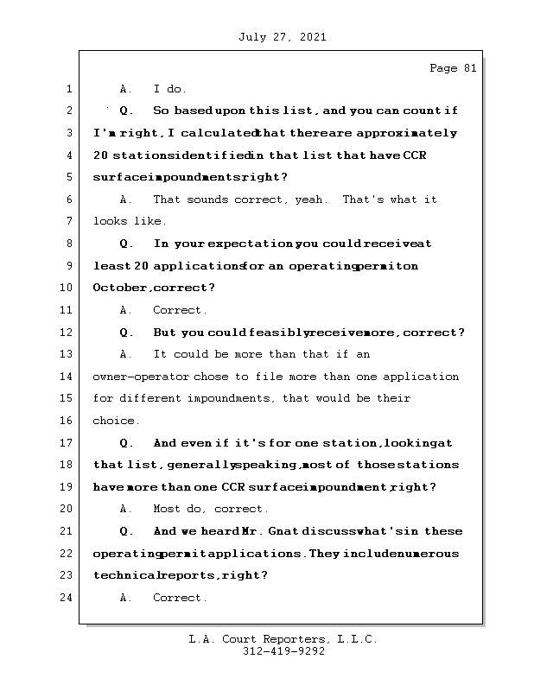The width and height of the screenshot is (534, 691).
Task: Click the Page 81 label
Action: point(453,69)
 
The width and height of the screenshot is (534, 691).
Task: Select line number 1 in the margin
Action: point(68,89)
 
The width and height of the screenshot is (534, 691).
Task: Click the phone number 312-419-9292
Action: point(283,652)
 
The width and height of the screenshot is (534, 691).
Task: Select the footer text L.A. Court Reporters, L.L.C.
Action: point(283,639)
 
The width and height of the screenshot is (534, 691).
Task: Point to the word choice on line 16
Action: point(114,422)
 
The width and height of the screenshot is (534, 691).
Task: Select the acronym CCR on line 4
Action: point(413,155)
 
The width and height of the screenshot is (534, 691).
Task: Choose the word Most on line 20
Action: point(167,510)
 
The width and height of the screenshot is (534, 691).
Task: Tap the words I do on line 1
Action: point(170,89)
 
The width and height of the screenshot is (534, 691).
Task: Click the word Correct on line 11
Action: point(179,310)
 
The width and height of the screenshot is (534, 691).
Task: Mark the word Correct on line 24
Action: point(179,598)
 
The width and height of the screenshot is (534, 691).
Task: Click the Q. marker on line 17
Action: point(126,443)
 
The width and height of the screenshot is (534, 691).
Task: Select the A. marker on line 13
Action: point(126,354)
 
